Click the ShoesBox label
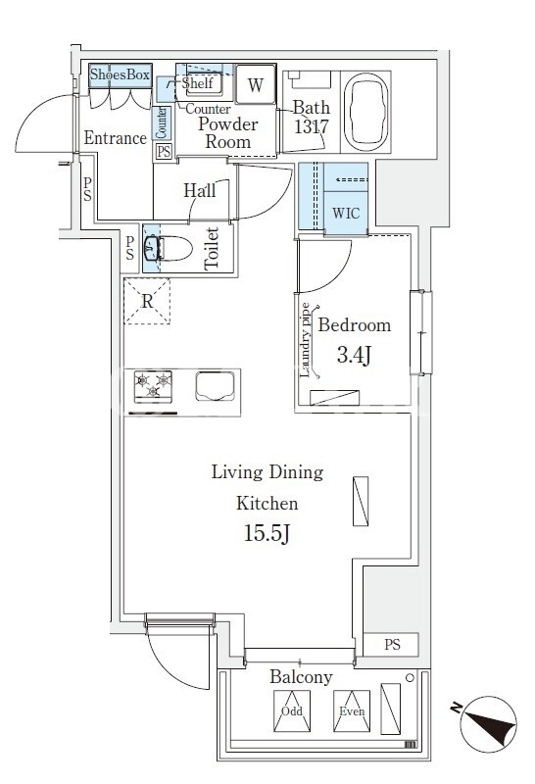(x=120, y=74)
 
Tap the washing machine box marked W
(x=256, y=84)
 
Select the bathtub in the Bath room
(x=365, y=112)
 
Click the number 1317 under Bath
(x=311, y=126)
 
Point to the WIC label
(x=346, y=213)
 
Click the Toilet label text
(x=212, y=249)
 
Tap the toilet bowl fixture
(x=169, y=249)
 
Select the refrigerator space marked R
(x=147, y=302)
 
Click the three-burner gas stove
(x=153, y=386)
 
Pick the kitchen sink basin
(x=215, y=386)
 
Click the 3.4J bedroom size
(x=354, y=355)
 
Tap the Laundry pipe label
(x=305, y=340)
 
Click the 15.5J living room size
(x=267, y=533)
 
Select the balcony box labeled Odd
(x=291, y=711)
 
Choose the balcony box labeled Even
(x=352, y=711)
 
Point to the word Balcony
(x=301, y=677)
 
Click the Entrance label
(x=115, y=137)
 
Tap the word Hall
(x=200, y=190)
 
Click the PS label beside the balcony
(x=393, y=645)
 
